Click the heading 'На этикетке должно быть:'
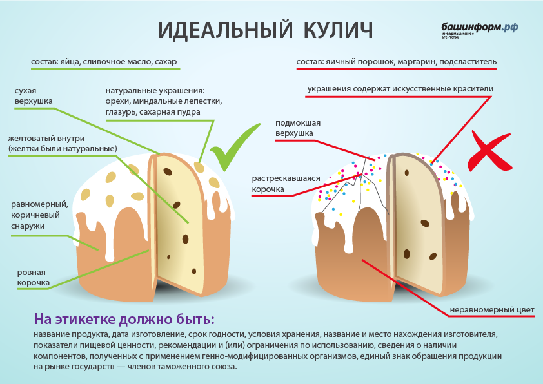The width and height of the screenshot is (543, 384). pyautogui.click(x=124, y=320)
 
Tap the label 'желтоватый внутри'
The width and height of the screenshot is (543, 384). pyautogui.click(x=62, y=144)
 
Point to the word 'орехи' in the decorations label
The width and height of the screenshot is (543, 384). pyautogui.click(x=119, y=101)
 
